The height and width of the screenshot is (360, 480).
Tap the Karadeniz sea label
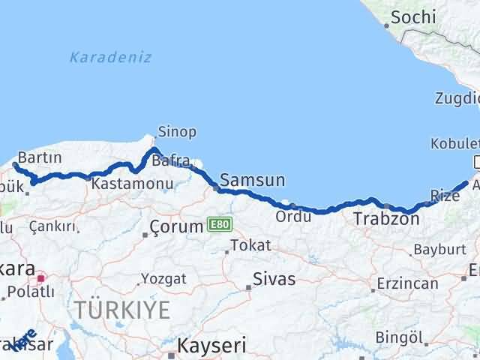pyautogui.click(x=110, y=57)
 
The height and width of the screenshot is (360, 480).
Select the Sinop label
pyautogui.click(x=177, y=132)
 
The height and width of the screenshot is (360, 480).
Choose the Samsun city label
pyautogui.click(x=252, y=180)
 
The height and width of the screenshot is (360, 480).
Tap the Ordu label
pyautogui.click(x=288, y=216)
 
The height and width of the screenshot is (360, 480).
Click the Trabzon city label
pyautogui.click(x=386, y=219)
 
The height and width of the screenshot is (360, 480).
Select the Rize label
pyautogui.click(x=445, y=196)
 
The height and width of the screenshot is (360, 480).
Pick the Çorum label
pyautogui.click(x=176, y=226)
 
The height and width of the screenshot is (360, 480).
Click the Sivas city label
pyautogui.click(x=274, y=279)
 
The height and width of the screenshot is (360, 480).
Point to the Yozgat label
pyautogui.click(x=163, y=278)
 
